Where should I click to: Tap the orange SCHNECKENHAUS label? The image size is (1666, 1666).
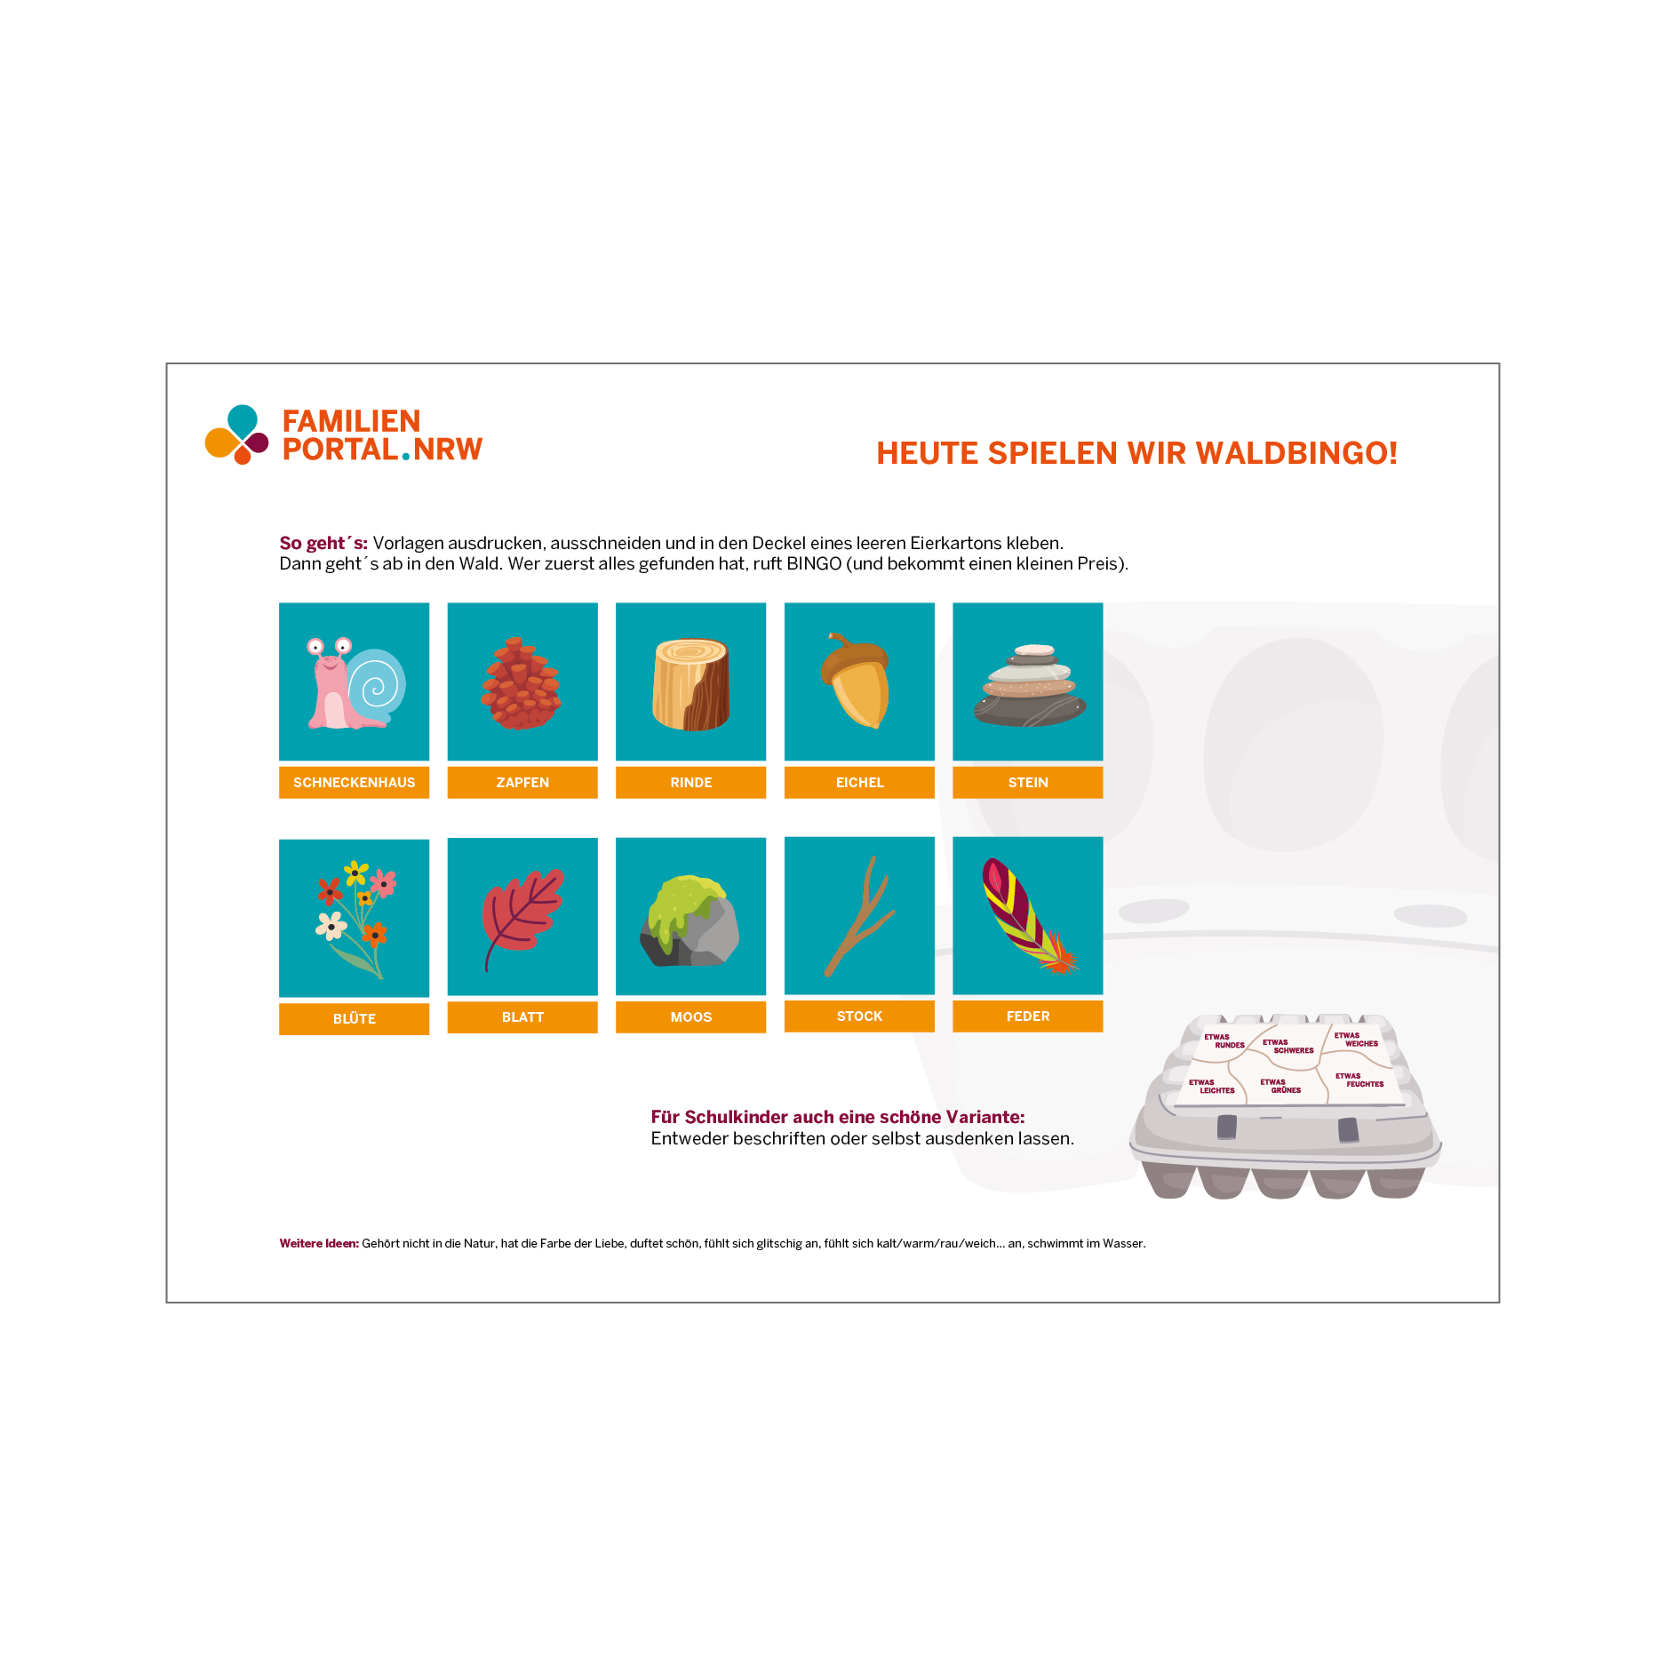[x=354, y=782]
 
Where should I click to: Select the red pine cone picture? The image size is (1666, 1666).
[x=521, y=682]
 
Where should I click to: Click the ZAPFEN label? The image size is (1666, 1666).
[x=522, y=782]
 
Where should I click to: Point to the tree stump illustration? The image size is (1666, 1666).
[x=690, y=684]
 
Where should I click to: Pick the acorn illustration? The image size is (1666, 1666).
[x=856, y=680]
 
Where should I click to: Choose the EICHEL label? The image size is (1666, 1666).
[x=859, y=782]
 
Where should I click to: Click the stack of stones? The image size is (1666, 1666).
[x=1029, y=685]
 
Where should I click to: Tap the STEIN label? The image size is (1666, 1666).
[x=1028, y=782]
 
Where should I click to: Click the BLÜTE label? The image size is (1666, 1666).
[x=354, y=1018]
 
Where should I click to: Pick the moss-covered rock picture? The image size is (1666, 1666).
[x=690, y=921]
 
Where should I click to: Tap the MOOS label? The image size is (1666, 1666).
[x=690, y=1016]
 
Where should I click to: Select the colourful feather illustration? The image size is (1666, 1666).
[x=1029, y=915]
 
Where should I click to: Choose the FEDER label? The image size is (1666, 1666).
[x=1028, y=1016]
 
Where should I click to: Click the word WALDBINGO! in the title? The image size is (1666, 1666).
[x=1296, y=453]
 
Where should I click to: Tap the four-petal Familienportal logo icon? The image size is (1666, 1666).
[x=236, y=434]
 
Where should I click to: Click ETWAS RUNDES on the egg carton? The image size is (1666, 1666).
[x=1224, y=1040]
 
